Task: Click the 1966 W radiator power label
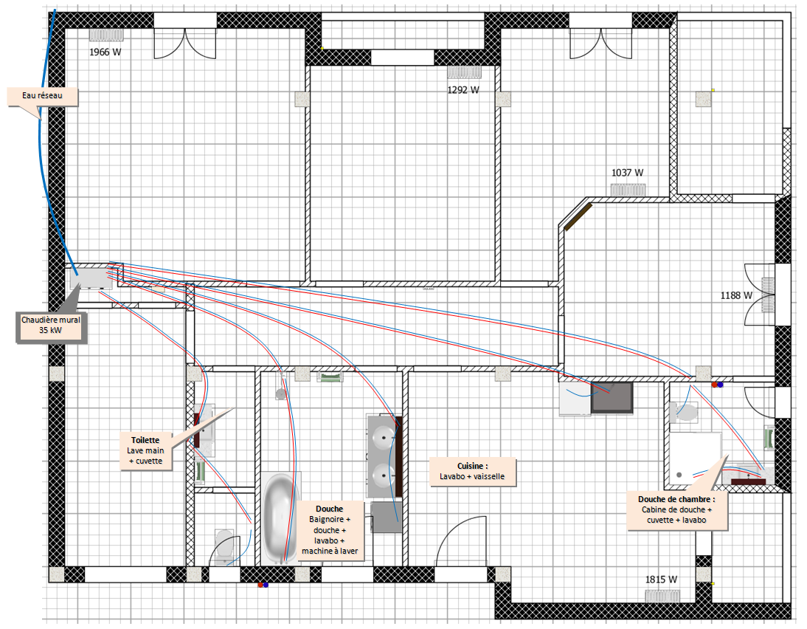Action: click(x=105, y=52)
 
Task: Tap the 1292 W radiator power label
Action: click(x=463, y=90)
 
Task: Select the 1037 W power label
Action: click(x=628, y=173)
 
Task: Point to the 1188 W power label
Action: click(x=736, y=295)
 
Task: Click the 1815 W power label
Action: click(x=662, y=580)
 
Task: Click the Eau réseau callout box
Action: click(x=42, y=96)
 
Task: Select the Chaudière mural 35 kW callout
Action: click(x=50, y=326)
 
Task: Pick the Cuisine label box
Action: click(x=472, y=471)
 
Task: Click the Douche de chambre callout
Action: click(x=676, y=510)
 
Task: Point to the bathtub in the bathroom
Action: click(x=280, y=518)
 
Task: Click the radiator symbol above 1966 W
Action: click(x=106, y=35)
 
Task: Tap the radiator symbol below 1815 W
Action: click(x=662, y=596)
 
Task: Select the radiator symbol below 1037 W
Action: click(x=628, y=190)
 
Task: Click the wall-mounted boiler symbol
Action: click(x=91, y=279)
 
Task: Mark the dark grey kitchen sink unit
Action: click(x=612, y=397)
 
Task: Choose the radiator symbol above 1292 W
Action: click(x=464, y=72)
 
